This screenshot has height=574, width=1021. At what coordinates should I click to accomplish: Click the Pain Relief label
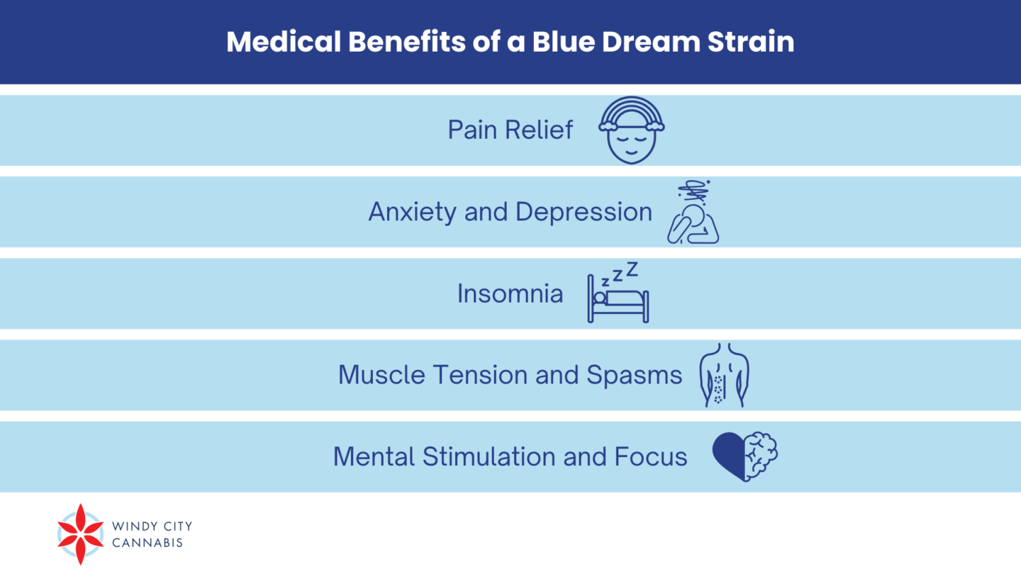[x=510, y=130]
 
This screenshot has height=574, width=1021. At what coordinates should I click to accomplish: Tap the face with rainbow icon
[x=632, y=130]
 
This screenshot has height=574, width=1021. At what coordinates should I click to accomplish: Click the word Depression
[x=584, y=213]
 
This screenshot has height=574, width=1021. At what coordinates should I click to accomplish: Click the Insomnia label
[x=510, y=293]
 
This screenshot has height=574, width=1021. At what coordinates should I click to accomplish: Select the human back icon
[x=724, y=375]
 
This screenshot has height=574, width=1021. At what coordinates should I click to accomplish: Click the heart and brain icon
[x=744, y=456]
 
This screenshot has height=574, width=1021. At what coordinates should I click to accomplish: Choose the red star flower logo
[x=81, y=534]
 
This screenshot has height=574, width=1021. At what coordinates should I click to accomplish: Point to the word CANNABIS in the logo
[x=147, y=543]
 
